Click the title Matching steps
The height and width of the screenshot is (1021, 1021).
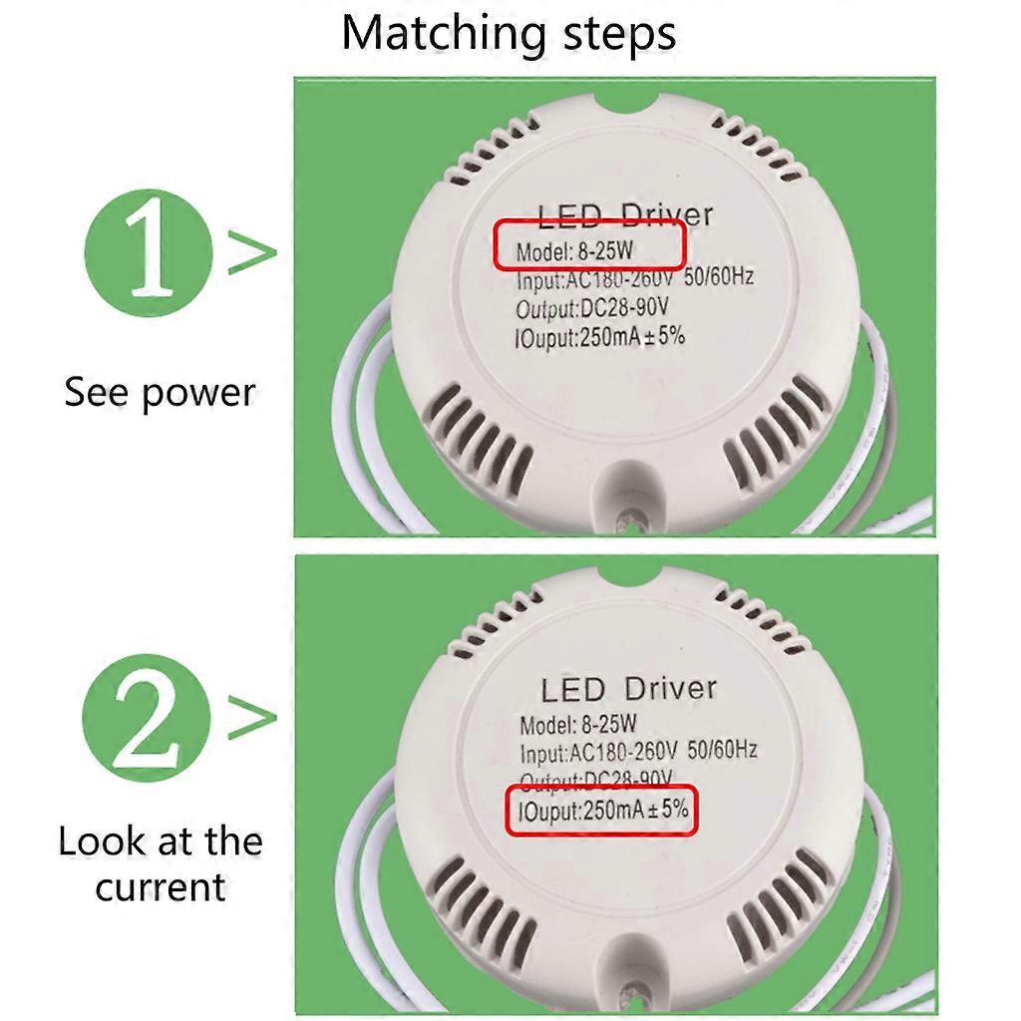point(510,33)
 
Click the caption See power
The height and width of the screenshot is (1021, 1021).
point(160,392)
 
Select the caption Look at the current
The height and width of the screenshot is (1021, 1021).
point(160,863)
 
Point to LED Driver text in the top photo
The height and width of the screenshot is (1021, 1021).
point(625,214)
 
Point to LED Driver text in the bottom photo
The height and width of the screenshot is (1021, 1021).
point(628,688)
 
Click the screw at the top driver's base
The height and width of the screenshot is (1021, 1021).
point(629,519)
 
